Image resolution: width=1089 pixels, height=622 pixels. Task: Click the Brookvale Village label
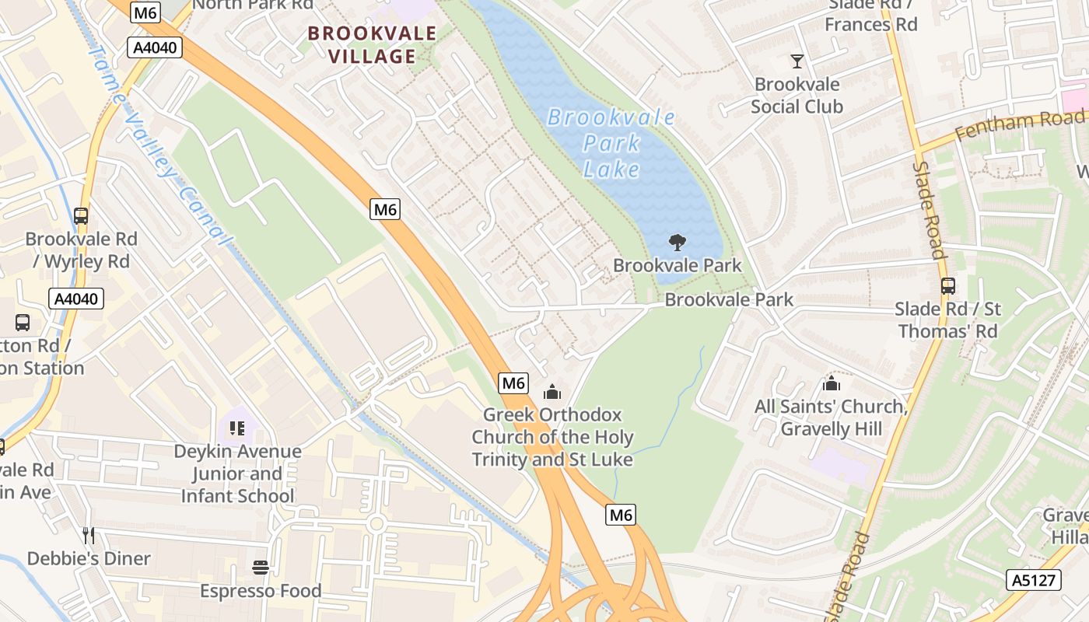coord(372,44)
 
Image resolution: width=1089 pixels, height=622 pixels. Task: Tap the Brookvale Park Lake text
coord(611,143)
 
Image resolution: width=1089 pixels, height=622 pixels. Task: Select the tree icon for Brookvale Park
coord(678,243)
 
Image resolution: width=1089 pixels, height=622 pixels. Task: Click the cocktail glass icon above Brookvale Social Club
coord(797,61)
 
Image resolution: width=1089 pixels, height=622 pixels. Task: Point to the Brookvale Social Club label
coord(797,95)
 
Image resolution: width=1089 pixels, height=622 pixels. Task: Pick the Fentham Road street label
coord(1019,124)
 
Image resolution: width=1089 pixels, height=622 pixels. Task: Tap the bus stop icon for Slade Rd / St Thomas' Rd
coord(947,286)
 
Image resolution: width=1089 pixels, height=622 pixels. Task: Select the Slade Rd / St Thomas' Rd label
coord(947,320)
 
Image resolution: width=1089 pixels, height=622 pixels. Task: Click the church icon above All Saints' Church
coord(832,384)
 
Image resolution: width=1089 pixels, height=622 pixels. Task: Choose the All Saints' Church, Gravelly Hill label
coord(832,418)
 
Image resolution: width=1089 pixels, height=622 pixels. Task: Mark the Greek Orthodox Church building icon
coord(552,392)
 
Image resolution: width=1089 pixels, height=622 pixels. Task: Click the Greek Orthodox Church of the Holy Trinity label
coord(552,437)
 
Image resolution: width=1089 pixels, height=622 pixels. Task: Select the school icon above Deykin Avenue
coord(237,428)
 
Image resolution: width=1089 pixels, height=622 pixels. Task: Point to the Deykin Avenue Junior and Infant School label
coord(237,473)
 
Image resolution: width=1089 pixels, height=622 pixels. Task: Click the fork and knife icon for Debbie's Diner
coord(89,535)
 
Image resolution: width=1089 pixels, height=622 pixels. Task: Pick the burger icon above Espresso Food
coord(261,568)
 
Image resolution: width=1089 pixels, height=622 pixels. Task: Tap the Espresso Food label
coord(261,591)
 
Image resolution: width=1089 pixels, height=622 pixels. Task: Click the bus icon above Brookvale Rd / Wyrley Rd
coord(81,216)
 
